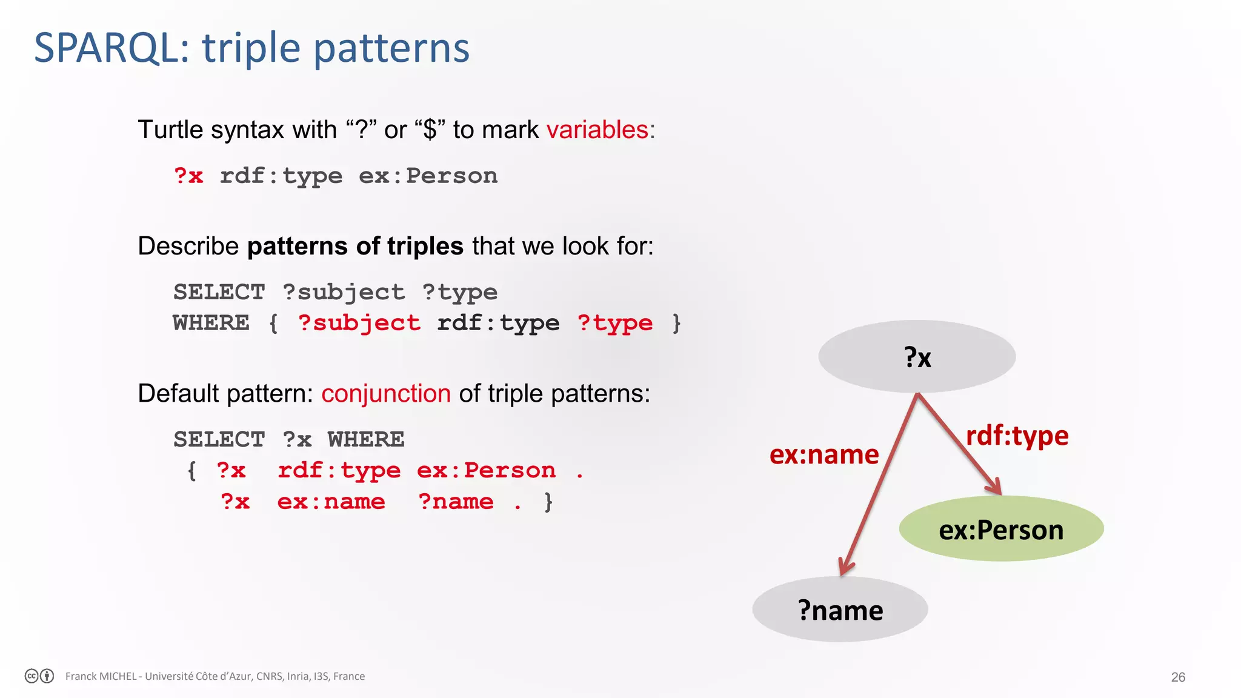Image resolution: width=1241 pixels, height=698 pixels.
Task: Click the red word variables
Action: (x=597, y=130)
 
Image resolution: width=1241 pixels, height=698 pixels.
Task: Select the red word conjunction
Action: (x=386, y=394)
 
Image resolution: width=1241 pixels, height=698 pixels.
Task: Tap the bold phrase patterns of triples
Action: (x=355, y=247)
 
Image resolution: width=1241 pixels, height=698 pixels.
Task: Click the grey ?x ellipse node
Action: (x=917, y=357)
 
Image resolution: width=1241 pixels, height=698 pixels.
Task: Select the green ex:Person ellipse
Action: (x=1001, y=529)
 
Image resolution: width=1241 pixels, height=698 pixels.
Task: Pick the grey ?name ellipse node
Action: (x=840, y=610)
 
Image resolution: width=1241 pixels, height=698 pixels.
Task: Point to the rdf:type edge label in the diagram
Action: (x=1017, y=436)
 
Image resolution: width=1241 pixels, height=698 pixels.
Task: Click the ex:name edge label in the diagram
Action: (x=823, y=455)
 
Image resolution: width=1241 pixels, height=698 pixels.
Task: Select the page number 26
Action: (x=1177, y=677)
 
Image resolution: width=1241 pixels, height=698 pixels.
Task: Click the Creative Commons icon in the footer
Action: (x=32, y=676)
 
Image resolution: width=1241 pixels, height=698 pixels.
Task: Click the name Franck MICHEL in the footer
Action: (x=101, y=676)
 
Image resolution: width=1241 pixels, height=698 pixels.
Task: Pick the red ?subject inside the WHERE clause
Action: (x=359, y=324)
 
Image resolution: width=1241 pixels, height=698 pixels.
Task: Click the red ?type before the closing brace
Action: (x=615, y=324)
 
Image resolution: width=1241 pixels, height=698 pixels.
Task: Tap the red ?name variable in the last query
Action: (x=456, y=502)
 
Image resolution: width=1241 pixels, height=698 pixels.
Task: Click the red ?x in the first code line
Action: (x=188, y=176)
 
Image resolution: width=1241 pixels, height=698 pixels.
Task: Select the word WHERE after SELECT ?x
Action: (x=366, y=439)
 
